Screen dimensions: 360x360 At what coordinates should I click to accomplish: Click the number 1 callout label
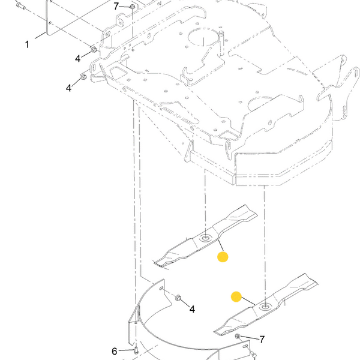point(27,44)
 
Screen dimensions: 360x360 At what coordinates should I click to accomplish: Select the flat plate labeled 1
point(49,19)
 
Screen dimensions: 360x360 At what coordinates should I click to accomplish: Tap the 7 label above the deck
point(116,7)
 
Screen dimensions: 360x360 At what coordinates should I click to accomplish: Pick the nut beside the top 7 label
point(132,7)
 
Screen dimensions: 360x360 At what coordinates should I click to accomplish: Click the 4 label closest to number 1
point(78,59)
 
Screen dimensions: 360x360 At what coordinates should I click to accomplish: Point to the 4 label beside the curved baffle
point(192,309)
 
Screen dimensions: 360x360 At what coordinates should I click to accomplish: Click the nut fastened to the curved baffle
point(178,298)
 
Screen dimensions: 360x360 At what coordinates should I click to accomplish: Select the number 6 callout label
point(115,351)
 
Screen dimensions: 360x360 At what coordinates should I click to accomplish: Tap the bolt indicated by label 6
point(136,350)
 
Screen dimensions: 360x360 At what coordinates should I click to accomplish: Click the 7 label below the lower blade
point(262,339)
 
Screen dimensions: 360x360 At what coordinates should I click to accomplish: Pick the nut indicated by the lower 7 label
point(238,337)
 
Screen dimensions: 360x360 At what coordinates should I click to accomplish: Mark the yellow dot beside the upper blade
point(223,257)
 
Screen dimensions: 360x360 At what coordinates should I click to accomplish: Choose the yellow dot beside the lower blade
point(236,297)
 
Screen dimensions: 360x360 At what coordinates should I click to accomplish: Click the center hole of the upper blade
point(205,238)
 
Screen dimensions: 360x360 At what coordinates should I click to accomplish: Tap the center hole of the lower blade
point(265,306)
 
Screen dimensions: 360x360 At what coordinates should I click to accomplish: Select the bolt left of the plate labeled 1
point(20,5)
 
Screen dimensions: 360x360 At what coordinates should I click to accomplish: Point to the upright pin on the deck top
point(221,43)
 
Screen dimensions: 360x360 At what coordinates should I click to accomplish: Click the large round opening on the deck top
point(203,37)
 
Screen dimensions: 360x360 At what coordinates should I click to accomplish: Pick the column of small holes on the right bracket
point(344,113)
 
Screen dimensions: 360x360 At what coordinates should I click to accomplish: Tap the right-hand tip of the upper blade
point(257,215)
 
